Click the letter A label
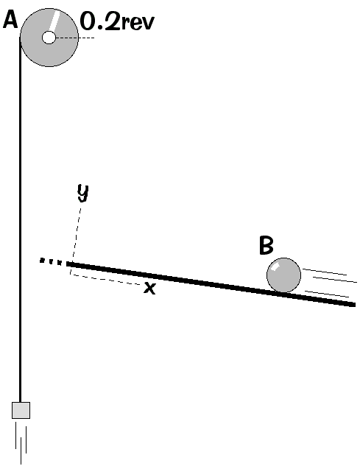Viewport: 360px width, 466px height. (x=10, y=21)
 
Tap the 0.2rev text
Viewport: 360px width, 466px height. (x=118, y=22)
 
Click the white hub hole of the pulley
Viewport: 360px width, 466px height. (x=49, y=38)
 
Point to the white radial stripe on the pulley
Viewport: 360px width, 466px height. (x=54, y=21)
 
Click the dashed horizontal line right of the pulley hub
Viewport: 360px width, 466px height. (x=75, y=38)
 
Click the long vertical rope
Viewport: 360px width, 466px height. (x=20, y=220)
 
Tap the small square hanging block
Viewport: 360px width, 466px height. (x=21, y=410)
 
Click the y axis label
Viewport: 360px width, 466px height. (x=83, y=193)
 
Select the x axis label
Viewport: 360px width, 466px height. (x=149, y=288)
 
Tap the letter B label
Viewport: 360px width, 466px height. (x=266, y=245)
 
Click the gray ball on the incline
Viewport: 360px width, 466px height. (x=283, y=275)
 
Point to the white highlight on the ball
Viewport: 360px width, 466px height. (x=275, y=267)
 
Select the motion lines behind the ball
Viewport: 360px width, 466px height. (x=329, y=283)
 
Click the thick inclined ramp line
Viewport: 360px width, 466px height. (x=211, y=284)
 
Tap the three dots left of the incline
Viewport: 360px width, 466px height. (x=51, y=261)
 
